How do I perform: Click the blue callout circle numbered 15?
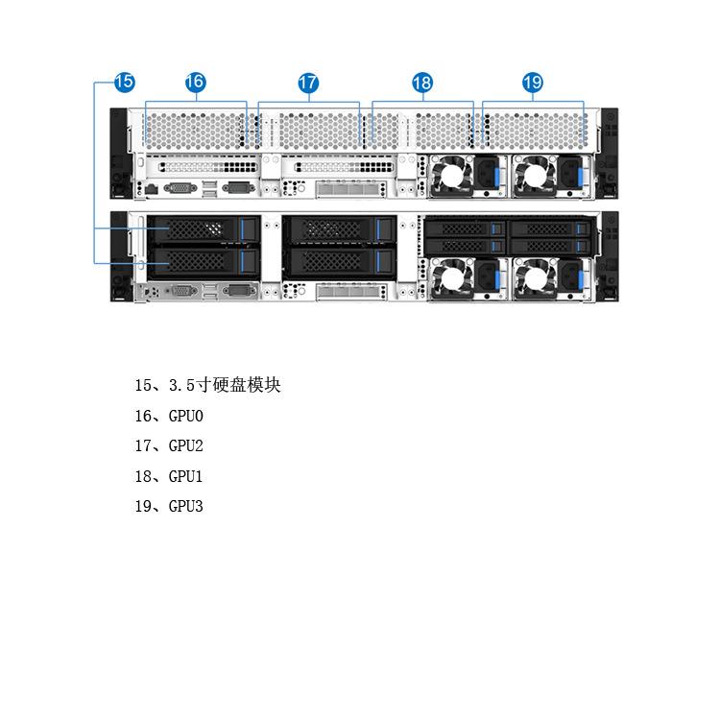(x=124, y=83)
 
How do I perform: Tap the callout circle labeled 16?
(x=195, y=83)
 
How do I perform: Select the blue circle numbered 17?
(x=308, y=83)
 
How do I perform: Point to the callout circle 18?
(x=422, y=83)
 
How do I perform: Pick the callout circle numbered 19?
(x=533, y=83)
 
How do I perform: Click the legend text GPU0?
(x=186, y=416)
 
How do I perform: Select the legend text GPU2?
(x=186, y=445)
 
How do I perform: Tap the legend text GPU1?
(x=186, y=476)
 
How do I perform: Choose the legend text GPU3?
(x=186, y=506)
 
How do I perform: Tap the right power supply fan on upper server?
(x=531, y=177)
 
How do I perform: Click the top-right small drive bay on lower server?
(x=549, y=228)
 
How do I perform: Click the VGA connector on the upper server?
(x=180, y=187)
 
